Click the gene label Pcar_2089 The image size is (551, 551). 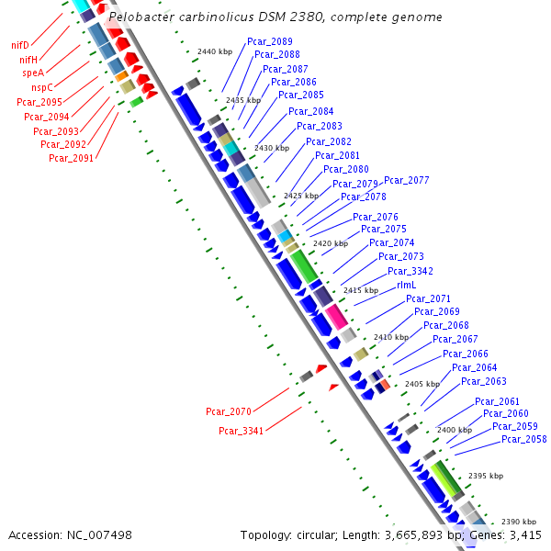pos(270,41)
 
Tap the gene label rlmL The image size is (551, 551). pos(407,285)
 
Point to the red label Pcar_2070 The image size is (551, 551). pos(229,411)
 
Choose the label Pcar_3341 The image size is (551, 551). pos(242,431)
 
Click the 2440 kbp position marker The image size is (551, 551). pos(215,52)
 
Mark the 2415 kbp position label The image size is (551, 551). pos(361,290)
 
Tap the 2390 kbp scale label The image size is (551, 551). pos(519,522)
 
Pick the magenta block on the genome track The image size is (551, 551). pos(336,317)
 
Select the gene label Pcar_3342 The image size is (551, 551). pos(410,271)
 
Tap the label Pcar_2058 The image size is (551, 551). pos(524,439)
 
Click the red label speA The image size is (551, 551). pos(33,73)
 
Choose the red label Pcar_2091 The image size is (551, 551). pos(72,158)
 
